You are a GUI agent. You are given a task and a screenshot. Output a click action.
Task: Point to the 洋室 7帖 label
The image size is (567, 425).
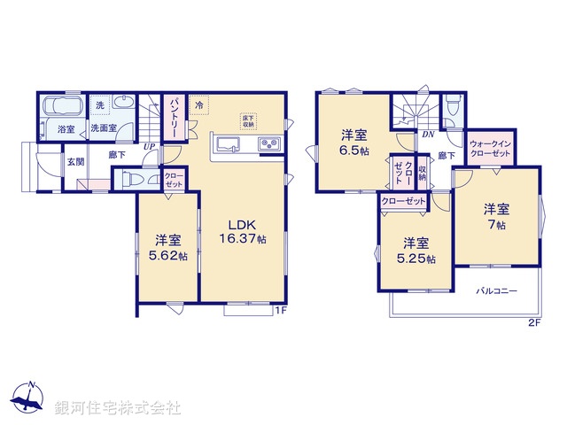496,218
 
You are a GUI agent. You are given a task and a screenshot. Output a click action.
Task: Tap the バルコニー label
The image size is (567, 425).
495,290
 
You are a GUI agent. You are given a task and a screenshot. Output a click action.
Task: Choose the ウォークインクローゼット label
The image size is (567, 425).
491,148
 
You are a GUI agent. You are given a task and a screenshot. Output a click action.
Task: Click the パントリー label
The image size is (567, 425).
175,117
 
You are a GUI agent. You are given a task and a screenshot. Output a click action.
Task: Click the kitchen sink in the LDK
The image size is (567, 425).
227,145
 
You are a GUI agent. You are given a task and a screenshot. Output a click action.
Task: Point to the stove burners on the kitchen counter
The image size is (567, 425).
268,144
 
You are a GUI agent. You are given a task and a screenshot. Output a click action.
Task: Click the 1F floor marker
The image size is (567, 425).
280,309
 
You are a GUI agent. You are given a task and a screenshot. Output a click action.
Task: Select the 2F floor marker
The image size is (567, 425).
534,322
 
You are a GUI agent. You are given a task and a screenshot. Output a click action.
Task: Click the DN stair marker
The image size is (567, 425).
428,135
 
